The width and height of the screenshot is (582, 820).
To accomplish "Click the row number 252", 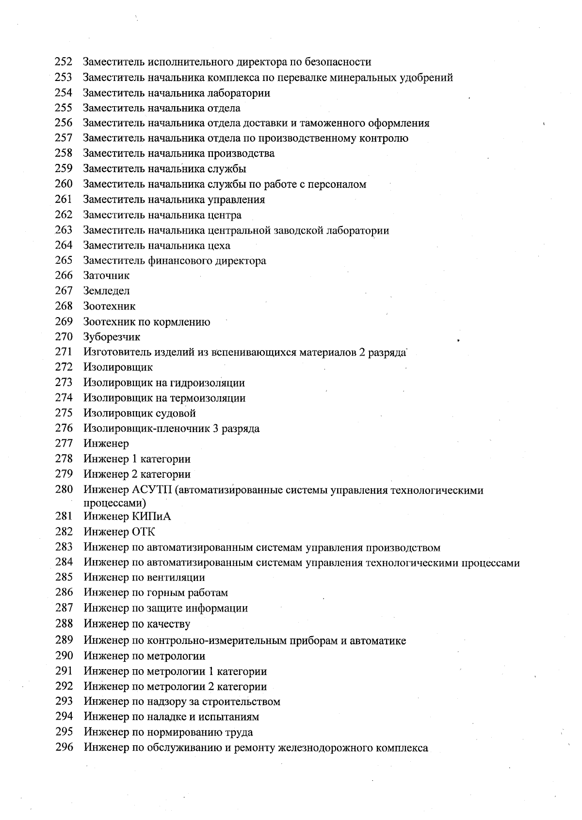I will pos(64,62).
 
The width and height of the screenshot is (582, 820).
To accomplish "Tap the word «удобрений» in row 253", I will pos(427,78).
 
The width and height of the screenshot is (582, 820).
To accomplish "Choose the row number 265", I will pos(64,260).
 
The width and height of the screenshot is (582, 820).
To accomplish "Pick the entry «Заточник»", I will pos(106,276).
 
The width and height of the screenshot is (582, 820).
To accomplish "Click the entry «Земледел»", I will pos(106,291).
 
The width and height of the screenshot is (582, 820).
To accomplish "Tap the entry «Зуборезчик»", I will pos(112,337).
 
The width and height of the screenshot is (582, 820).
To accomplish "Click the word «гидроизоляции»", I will pos(207,383).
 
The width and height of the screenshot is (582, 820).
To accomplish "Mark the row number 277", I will pos(64,443).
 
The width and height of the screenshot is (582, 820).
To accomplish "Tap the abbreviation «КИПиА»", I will pos(151,517).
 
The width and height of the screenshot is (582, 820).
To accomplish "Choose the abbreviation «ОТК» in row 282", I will pos(144,532).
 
